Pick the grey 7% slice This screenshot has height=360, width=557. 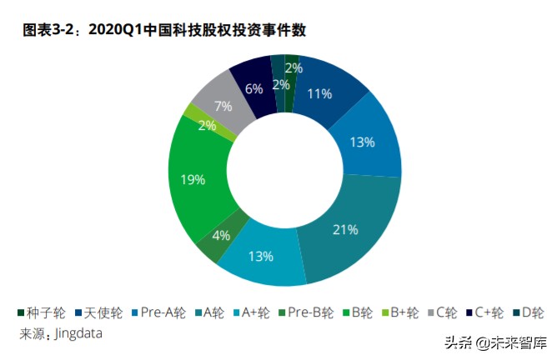222,106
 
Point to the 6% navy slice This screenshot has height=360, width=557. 254,87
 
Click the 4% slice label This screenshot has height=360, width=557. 221,235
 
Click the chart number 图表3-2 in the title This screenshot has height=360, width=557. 51,31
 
